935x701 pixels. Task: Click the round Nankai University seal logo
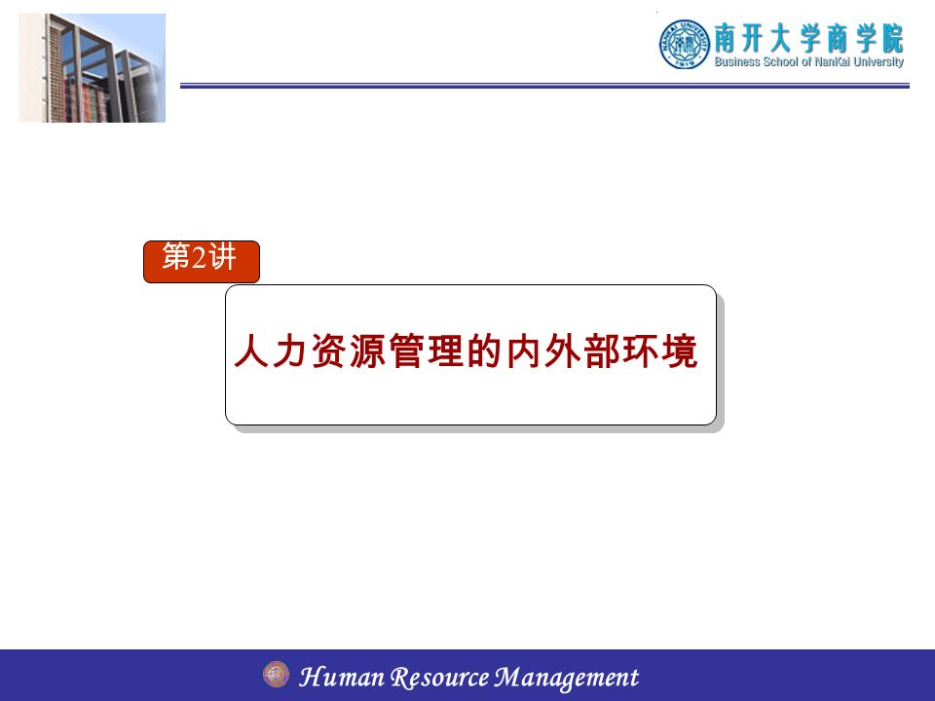coord(685,44)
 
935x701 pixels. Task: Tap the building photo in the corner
coord(92,68)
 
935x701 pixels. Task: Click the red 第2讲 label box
coord(202,262)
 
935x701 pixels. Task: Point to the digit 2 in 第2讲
coord(199,257)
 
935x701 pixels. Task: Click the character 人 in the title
coord(251,350)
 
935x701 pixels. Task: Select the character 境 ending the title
coord(679,350)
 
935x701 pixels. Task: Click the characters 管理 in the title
coord(427,350)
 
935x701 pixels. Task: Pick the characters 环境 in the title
coord(660,350)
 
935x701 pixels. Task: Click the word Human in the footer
coord(342,677)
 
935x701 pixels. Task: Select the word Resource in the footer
coord(439,678)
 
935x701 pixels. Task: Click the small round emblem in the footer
coord(276,674)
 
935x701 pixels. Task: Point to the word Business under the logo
coord(737,61)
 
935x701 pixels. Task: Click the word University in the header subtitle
coord(879,62)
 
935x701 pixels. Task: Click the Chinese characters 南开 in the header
coord(739,38)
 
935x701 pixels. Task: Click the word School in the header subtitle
coord(780,61)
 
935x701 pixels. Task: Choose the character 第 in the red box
coord(176,257)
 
